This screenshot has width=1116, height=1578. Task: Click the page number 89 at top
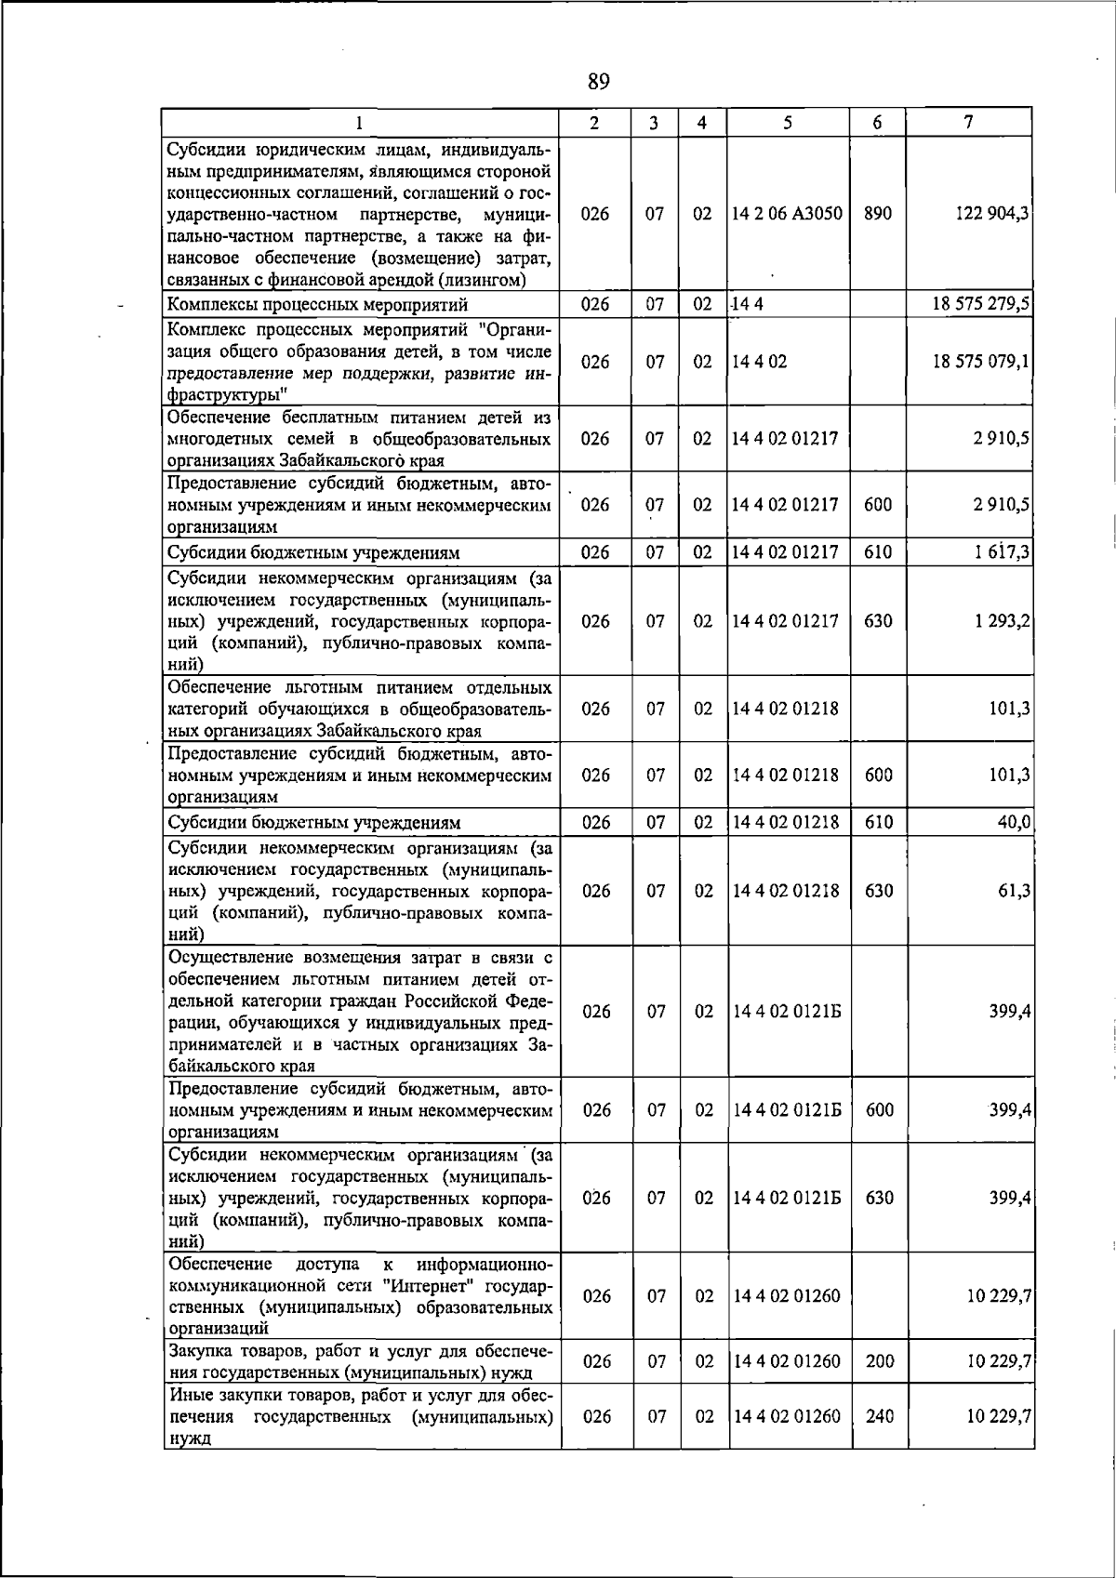(x=599, y=82)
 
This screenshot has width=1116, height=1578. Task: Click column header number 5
(x=788, y=122)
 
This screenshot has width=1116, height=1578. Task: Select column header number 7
(x=969, y=122)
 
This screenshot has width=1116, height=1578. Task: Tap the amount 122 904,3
(x=992, y=213)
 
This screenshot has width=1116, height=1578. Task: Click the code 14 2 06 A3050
(x=787, y=213)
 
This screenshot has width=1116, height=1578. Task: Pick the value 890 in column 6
(x=877, y=213)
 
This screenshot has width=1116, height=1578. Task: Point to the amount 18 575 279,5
(x=981, y=304)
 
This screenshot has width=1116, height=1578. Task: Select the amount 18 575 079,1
(x=981, y=362)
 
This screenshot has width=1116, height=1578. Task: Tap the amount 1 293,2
(x=1002, y=620)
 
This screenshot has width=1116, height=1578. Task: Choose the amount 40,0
(x=1013, y=822)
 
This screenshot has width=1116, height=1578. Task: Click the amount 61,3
(x=1015, y=891)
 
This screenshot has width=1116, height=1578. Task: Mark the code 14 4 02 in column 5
(x=760, y=362)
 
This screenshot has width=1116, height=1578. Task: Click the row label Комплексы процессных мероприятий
(x=317, y=304)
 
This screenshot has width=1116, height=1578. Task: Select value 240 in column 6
(x=879, y=1441)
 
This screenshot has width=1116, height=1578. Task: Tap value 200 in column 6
(x=879, y=1361)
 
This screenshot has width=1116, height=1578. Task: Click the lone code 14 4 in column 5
(x=747, y=304)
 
